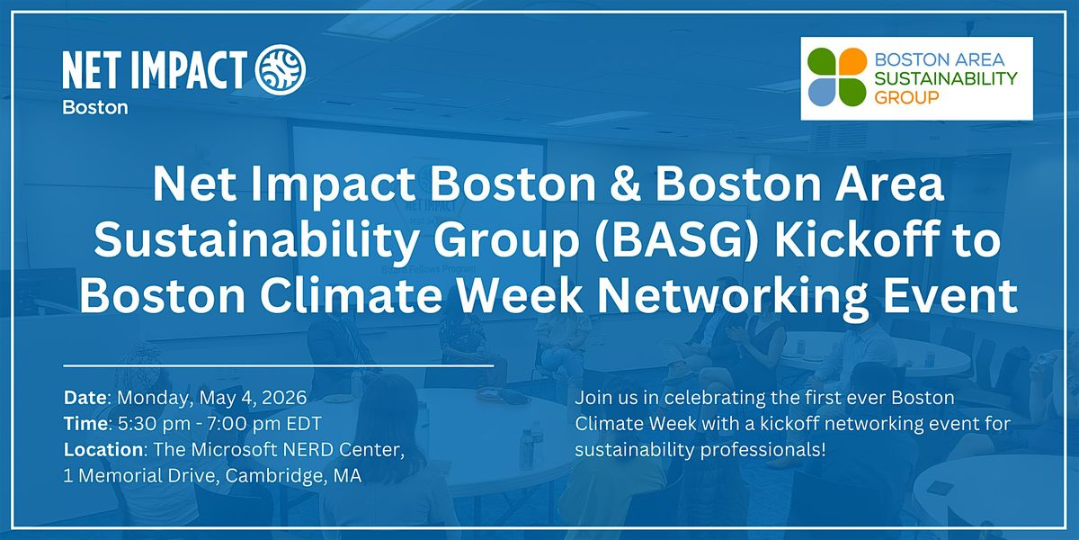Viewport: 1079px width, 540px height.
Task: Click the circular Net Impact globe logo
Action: point(281,69)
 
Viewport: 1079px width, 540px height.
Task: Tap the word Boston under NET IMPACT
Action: point(95,107)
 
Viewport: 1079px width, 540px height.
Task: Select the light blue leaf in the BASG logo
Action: point(822,92)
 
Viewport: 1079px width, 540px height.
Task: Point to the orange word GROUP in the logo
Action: point(906,98)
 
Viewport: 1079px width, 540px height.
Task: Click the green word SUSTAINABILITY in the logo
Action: point(946,78)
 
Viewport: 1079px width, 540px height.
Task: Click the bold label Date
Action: point(85,398)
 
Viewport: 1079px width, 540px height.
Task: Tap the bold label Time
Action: point(85,424)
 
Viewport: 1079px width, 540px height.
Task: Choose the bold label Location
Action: point(103,450)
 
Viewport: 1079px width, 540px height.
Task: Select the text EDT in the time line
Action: point(304,424)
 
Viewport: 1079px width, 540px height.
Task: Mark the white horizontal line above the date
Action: point(279,366)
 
